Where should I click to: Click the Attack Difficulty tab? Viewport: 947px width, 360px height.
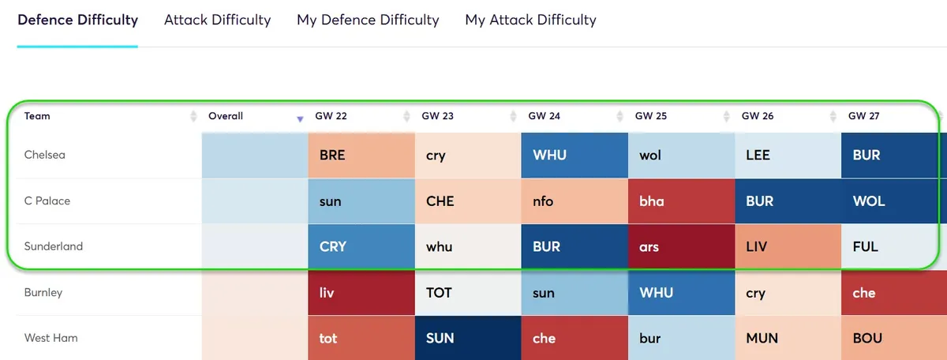217,20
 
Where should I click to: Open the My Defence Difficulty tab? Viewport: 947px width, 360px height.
368,20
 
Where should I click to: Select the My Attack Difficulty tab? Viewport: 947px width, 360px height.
530,20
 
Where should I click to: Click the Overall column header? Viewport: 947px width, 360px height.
226,116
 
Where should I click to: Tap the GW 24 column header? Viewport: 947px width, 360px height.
544,116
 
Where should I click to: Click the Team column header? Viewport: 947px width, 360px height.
37,116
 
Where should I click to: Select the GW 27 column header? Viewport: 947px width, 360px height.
863,116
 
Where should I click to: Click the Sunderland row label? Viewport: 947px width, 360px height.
53,246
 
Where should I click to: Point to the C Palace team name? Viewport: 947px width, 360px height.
47,201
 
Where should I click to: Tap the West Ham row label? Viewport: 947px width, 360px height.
51,338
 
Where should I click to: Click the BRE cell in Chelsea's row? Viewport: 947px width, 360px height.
361,156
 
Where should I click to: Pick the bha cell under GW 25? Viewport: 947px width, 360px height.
680,201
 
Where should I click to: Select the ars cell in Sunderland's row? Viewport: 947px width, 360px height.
680,247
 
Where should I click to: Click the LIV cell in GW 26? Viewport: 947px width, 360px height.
787,247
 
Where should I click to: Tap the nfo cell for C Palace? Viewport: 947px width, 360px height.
574,201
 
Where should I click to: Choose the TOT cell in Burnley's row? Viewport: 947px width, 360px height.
467,293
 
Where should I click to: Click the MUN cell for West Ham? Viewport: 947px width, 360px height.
787,338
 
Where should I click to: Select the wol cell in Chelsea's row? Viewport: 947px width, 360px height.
680,156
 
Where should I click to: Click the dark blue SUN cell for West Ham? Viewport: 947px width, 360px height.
467,338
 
